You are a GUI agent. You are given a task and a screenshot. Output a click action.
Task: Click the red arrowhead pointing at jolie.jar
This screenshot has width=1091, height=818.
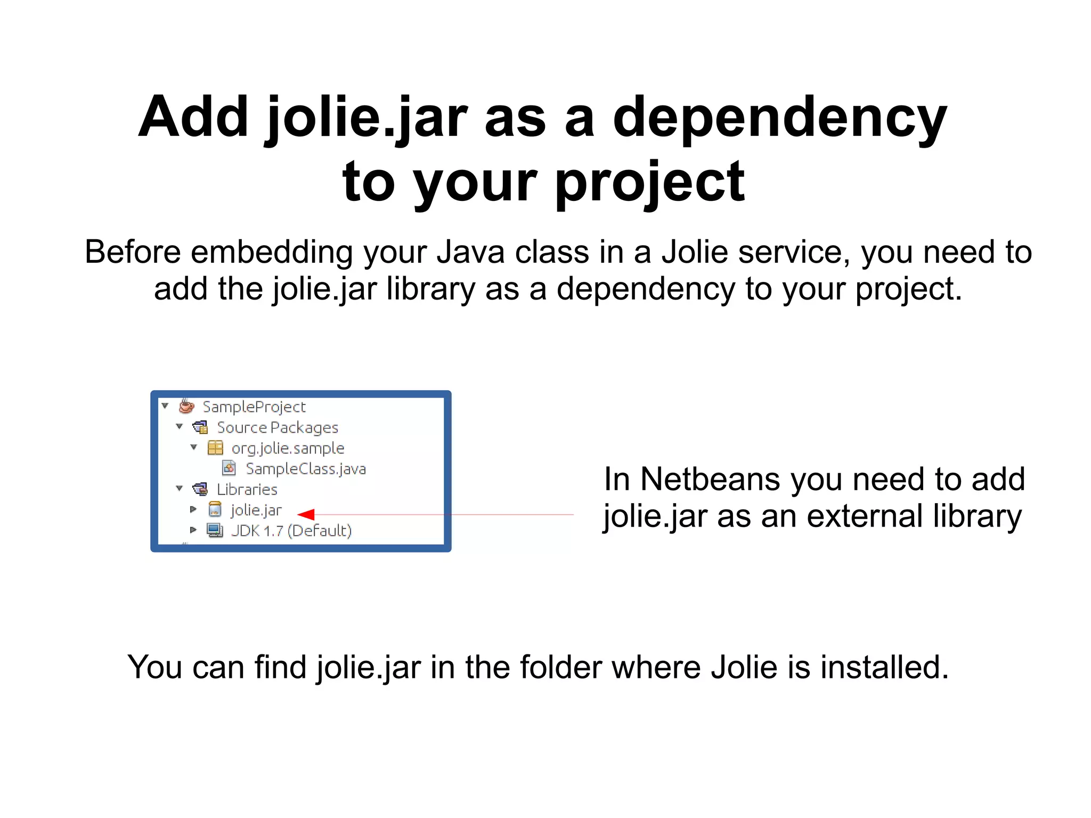click(x=306, y=514)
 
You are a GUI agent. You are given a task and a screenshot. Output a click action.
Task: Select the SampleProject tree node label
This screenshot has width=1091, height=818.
click(x=254, y=407)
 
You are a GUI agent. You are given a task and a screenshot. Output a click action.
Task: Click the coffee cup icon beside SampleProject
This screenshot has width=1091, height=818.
click(x=186, y=406)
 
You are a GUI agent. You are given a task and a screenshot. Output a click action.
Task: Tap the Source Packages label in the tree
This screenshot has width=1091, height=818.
click(x=277, y=428)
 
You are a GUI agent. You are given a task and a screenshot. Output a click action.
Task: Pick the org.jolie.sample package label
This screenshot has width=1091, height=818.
click(x=288, y=448)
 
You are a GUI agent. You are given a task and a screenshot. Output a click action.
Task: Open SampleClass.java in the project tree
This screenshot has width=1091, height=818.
click(x=305, y=469)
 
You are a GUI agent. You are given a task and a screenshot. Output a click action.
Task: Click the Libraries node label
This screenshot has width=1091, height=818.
click(x=247, y=490)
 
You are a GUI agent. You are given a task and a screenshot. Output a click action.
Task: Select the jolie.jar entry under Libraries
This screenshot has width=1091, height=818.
click(x=256, y=511)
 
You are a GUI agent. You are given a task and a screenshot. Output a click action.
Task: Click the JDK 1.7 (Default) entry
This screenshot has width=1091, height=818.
click(x=291, y=531)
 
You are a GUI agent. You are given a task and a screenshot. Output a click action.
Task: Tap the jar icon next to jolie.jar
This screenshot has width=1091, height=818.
click(x=215, y=510)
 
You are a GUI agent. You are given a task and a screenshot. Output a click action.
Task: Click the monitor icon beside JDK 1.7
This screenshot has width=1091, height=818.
click(x=215, y=530)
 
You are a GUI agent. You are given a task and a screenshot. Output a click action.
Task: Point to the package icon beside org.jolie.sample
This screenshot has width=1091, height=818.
click(x=215, y=448)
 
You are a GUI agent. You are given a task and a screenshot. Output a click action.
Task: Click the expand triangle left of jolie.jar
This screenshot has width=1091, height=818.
click(x=193, y=509)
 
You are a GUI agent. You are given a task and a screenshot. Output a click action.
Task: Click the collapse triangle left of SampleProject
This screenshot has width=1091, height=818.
click(x=165, y=406)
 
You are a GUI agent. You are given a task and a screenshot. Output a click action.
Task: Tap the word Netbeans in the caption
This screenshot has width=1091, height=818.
click(x=711, y=479)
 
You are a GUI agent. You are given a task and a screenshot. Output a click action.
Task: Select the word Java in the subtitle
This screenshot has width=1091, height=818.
click(x=470, y=252)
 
